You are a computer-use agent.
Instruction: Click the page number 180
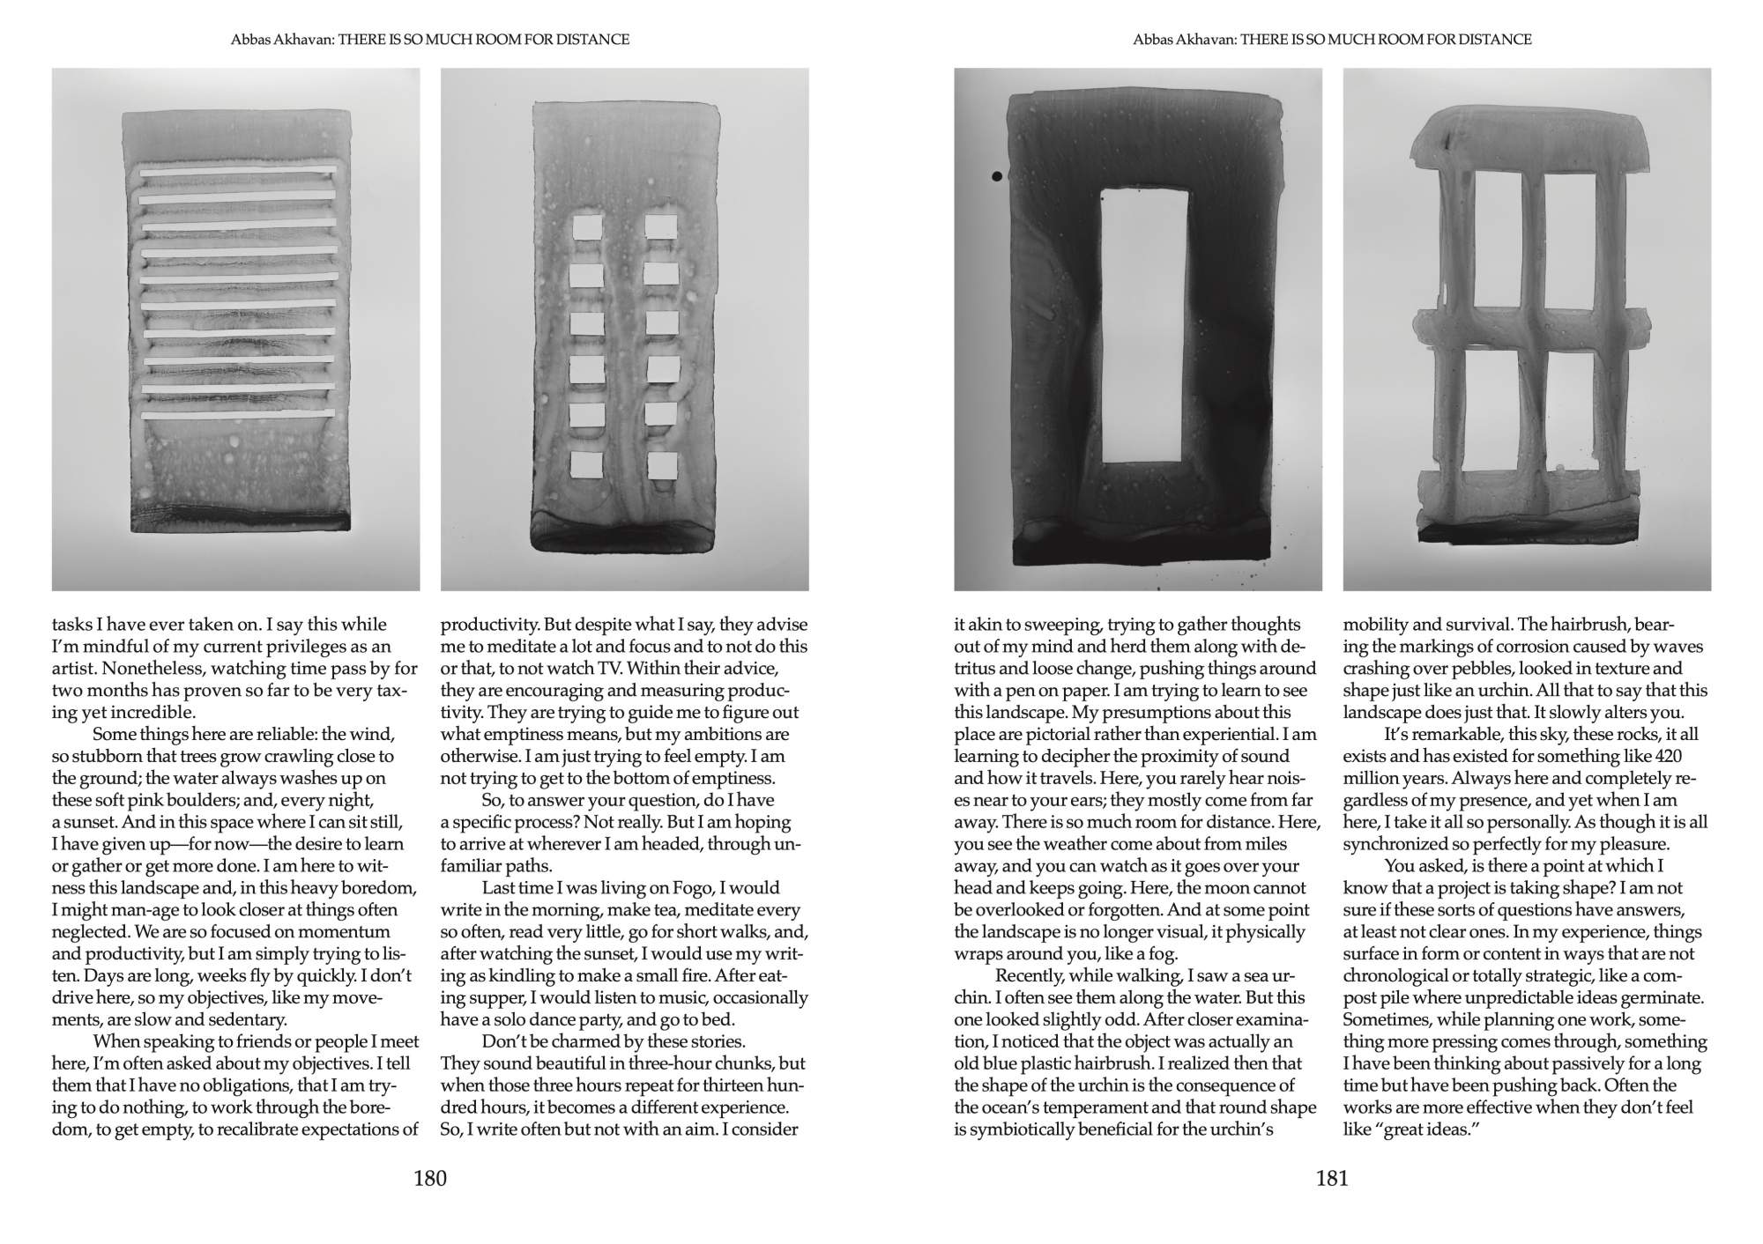pos(430,1179)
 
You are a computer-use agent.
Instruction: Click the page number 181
pos(1332,1179)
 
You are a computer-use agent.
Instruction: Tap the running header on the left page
pos(430,40)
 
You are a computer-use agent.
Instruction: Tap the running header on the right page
pos(1332,40)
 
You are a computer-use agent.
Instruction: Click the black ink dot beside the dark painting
pos(997,176)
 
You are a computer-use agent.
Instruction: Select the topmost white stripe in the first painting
pos(238,173)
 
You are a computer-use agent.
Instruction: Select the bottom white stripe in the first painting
pos(238,414)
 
